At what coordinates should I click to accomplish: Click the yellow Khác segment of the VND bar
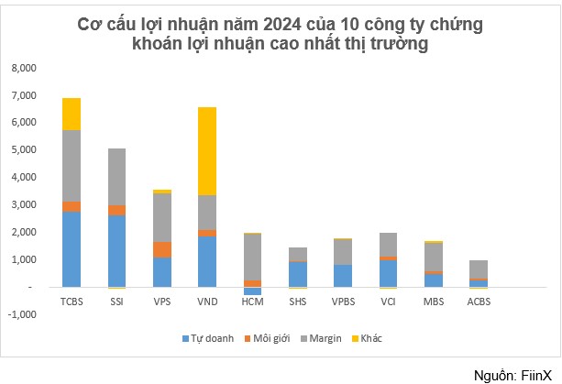click(207, 151)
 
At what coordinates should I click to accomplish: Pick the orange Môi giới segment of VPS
click(162, 249)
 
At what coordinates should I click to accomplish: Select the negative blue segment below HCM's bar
click(252, 291)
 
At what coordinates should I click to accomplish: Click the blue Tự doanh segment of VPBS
click(343, 275)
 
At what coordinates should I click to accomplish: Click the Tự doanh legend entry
click(210, 338)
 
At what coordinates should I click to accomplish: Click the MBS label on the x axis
click(433, 301)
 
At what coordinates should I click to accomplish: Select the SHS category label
click(297, 301)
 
